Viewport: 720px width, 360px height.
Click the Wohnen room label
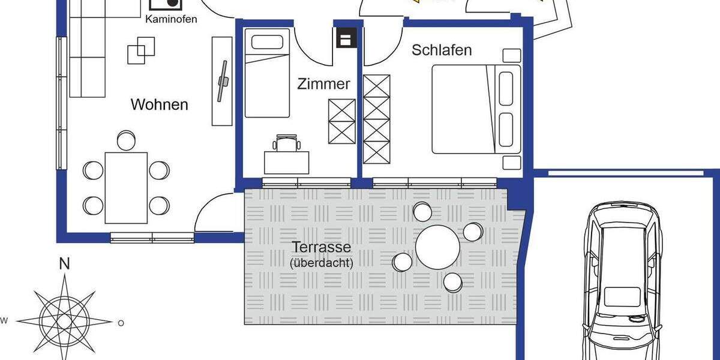tap(159, 104)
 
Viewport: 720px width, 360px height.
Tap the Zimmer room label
tap(323, 84)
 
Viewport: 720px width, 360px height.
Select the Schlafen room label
tap(442, 50)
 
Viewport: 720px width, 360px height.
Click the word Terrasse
tap(321, 247)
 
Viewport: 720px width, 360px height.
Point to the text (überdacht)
tap(321, 262)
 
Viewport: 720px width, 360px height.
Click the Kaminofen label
tap(170, 19)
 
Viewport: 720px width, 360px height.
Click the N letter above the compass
tap(64, 264)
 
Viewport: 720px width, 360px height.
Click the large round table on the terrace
tap(437, 247)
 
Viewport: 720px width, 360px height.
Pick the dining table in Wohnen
tap(126, 188)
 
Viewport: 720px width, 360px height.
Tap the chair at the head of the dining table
tap(126, 140)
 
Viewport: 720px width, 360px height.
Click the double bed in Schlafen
tap(474, 108)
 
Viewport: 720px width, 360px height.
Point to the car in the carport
tap(624, 282)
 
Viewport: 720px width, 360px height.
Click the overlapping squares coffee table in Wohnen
tap(141, 50)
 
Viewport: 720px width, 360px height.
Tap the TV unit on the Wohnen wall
tap(222, 80)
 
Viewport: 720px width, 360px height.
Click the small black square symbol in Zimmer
tap(346, 40)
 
